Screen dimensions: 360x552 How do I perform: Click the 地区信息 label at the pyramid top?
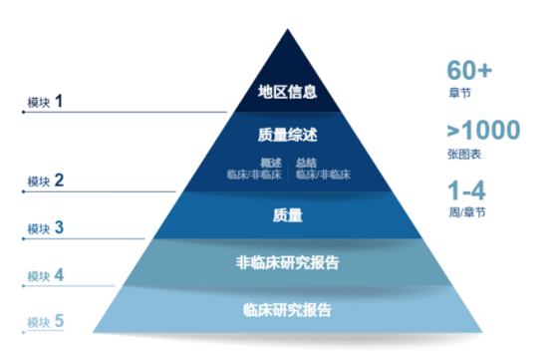point(287,93)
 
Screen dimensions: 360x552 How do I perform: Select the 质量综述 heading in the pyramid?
point(287,135)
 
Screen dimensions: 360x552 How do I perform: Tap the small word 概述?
point(271,163)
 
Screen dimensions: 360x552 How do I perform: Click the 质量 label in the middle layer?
point(287,214)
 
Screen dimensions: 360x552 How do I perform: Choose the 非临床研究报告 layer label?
point(287,263)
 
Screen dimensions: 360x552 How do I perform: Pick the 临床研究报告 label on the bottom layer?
point(287,309)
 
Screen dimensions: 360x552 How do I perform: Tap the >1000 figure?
point(483,131)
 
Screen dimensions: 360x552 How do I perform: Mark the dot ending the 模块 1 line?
point(23,113)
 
